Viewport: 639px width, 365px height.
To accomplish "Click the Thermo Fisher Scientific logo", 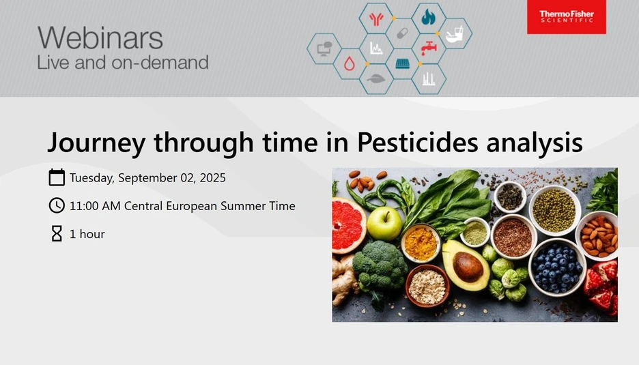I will click(566, 17).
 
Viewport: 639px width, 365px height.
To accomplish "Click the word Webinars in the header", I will click(100, 38).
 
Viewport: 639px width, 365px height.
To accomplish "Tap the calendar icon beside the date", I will click(57, 178).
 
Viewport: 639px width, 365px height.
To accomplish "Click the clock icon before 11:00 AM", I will click(57, 205).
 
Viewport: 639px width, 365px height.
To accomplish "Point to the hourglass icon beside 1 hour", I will click(57, 234).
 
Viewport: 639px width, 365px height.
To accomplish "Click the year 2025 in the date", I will click(212, 178).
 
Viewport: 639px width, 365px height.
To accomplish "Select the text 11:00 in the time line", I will click(84, 205).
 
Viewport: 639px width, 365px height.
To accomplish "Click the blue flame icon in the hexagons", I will click(428, 17).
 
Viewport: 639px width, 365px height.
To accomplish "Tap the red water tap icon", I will click(429, 48).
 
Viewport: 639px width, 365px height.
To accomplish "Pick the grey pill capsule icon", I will click(402, 33).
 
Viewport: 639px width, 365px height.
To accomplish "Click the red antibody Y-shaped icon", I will click(375, 18).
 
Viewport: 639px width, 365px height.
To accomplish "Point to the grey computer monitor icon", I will click(324, 48).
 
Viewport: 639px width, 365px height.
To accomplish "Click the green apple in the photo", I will click(384, 223).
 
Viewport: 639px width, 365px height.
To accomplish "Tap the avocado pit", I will click(469, 265).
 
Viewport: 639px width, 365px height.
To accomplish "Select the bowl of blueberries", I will click(556, 265).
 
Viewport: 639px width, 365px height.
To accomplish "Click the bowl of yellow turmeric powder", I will click(421, 242).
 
